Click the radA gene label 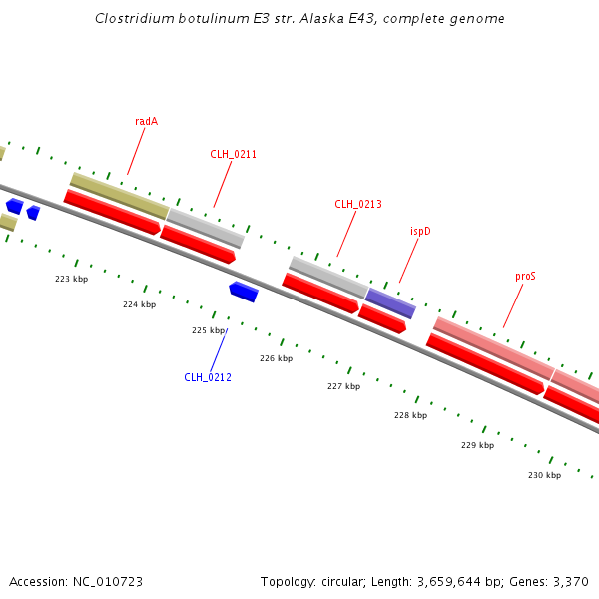point(146,121)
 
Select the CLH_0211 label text point(233,154)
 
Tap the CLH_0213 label point(357,204)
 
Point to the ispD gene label point(420,231)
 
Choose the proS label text point(525,276)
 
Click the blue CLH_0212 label point(208,377)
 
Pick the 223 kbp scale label point(71,279)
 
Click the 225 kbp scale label point(208,330)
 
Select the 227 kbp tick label point(343,386)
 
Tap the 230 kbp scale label point(544,475)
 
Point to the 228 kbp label point(410,415)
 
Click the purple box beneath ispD point(390,302)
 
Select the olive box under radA point(119,195)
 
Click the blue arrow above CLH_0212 point(244,292)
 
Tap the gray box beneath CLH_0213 point(328,276)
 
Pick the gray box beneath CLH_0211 point(205,228)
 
